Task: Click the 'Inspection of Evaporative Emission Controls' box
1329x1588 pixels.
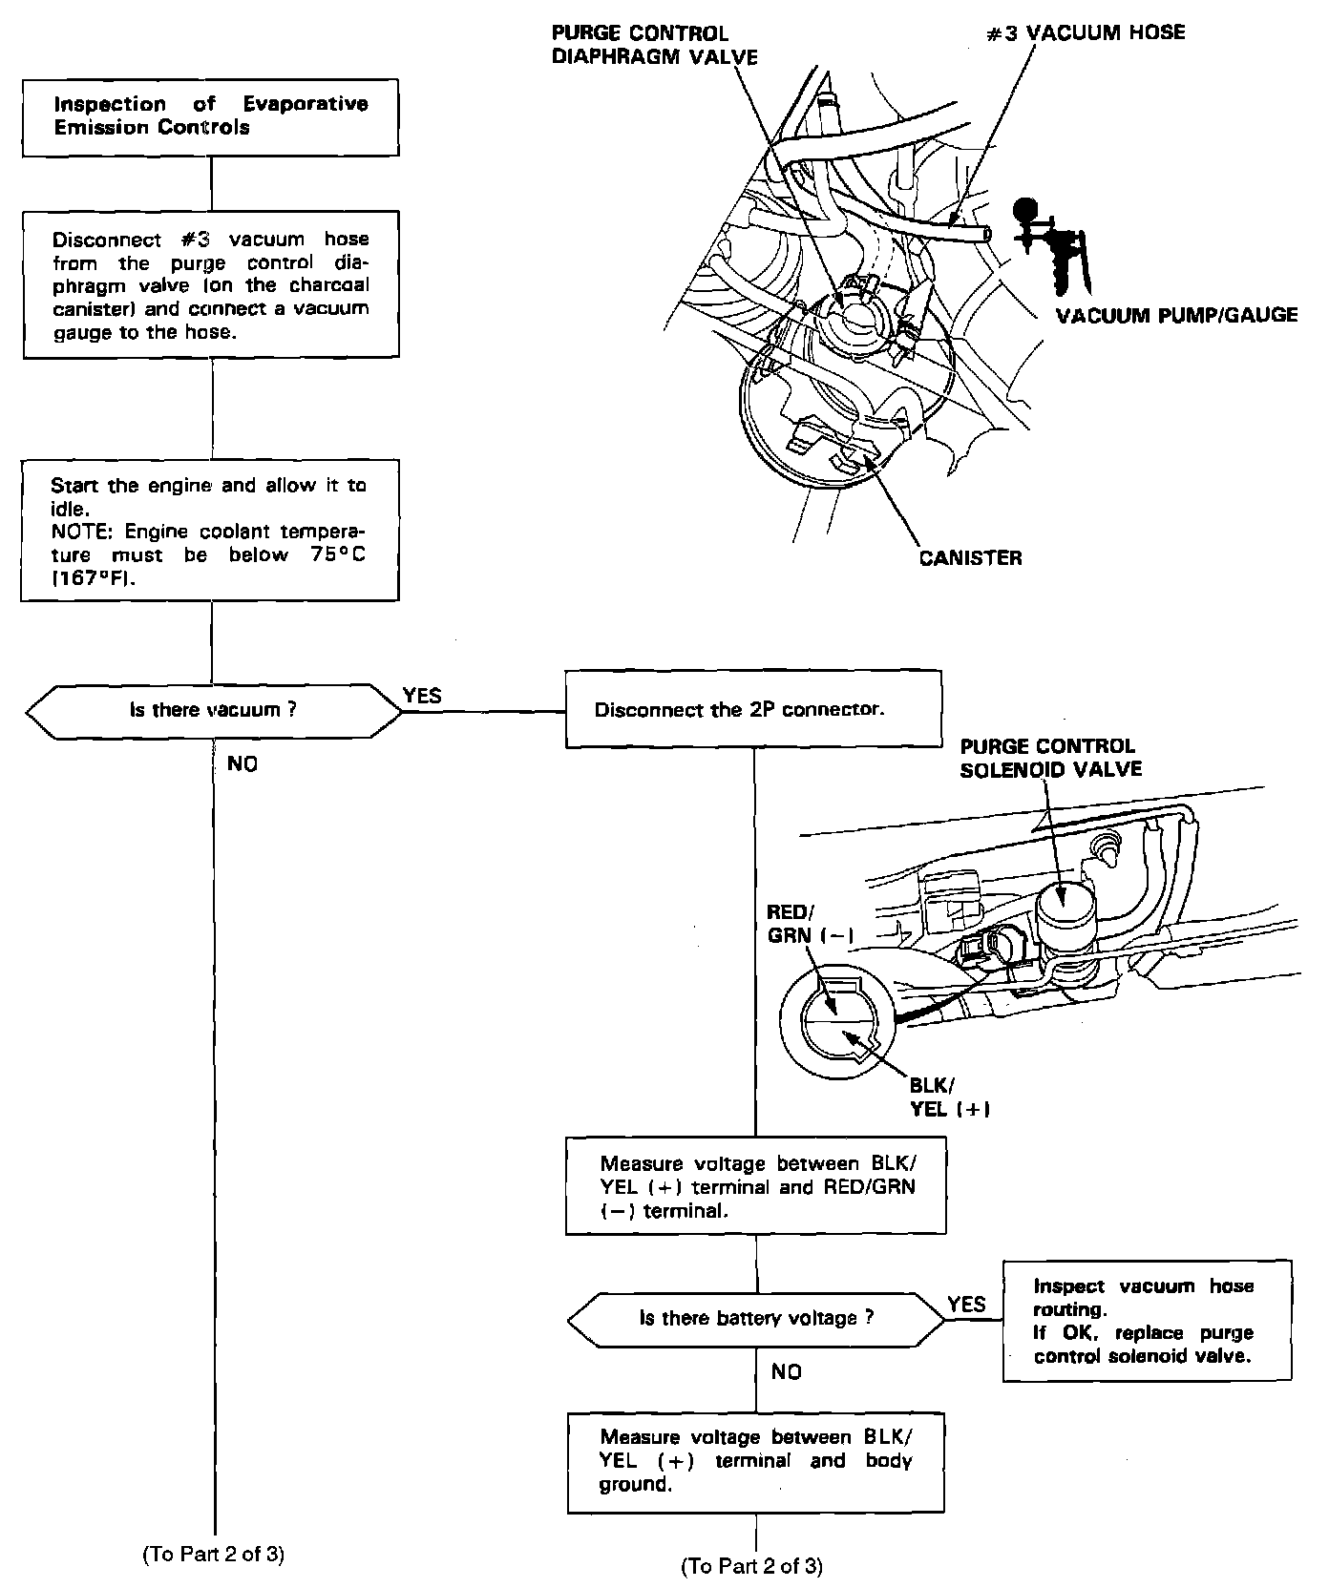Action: [x=211, y=116]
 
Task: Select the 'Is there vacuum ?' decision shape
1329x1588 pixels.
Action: [x=213, y=710]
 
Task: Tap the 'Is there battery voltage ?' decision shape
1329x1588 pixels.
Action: [x=755, y=1319]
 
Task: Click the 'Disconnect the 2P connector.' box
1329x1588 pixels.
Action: [x=753, y=710]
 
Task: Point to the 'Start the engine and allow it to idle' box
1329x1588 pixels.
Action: [x=210, y=531]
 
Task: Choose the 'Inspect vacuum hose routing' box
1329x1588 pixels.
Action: [x=1147, y=1321]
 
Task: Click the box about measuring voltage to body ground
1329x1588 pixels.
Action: [x=755, y=1461]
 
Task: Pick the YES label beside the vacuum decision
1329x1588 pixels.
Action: [x=422, y=696]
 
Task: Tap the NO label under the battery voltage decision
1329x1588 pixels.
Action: [x=787, y=1371]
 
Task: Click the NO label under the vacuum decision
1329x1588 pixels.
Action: [x=243, y=763]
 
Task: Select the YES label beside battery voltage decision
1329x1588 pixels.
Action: [x=966, y=1304]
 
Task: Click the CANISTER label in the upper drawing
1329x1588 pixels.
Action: [x=970, y=558]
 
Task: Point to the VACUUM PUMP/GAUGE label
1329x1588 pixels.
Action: [x=1176, y=315]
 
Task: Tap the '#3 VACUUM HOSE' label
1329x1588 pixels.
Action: [x=1086, y=32]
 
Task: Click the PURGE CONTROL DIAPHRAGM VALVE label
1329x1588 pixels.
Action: [x=655, y=45]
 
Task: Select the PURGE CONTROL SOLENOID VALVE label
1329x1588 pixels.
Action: [x=1049, y=758]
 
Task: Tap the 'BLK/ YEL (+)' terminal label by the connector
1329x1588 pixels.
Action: [x=948, y=1097]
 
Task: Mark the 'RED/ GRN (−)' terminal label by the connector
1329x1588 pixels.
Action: [x=810, y=924]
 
